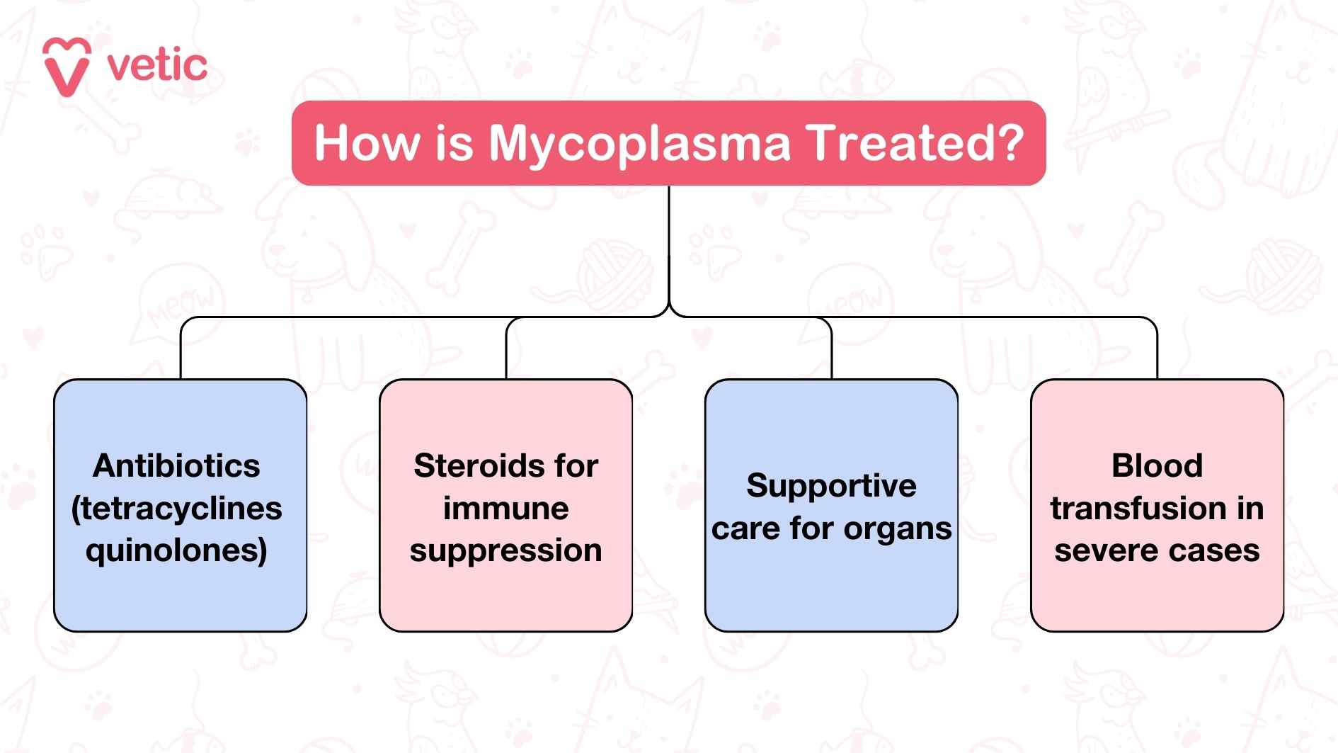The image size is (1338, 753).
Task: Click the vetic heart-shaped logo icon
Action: point(67,67)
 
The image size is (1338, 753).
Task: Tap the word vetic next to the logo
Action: point(157,66)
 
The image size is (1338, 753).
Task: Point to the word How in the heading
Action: point(367,144)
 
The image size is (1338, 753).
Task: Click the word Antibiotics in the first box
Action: point(176,466)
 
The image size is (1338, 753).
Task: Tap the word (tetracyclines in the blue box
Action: point(176,509)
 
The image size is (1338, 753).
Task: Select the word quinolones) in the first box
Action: point(176,550)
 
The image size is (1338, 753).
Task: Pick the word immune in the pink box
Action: point(505,509)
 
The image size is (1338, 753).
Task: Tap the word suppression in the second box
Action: point(505,551)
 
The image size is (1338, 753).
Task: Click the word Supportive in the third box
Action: point(831,486)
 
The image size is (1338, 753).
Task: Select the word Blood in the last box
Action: point(1157,466)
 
